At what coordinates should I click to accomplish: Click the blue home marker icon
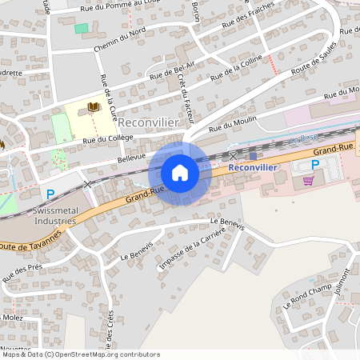click(x=180, y=172)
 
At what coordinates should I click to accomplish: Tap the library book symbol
click(x=93, y=106)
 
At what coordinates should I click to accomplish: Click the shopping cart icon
click(x=308, y=181)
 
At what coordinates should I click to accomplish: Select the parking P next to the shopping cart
click(x=314, y=165)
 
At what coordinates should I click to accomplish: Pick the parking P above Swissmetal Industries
click(x=50, y=194)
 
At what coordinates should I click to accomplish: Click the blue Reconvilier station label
click(x=253, y=168)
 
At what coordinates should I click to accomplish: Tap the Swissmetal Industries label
click(x=54, y=214)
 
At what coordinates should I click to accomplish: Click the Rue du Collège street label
click(x=107, y=138)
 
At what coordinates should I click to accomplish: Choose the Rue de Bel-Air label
click(x=172, y=70)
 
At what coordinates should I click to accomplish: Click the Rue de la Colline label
click(x=236, y=68)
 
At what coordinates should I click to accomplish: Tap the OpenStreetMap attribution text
click(x=80, y=354)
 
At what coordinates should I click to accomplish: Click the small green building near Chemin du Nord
click(x=81, y=28)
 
